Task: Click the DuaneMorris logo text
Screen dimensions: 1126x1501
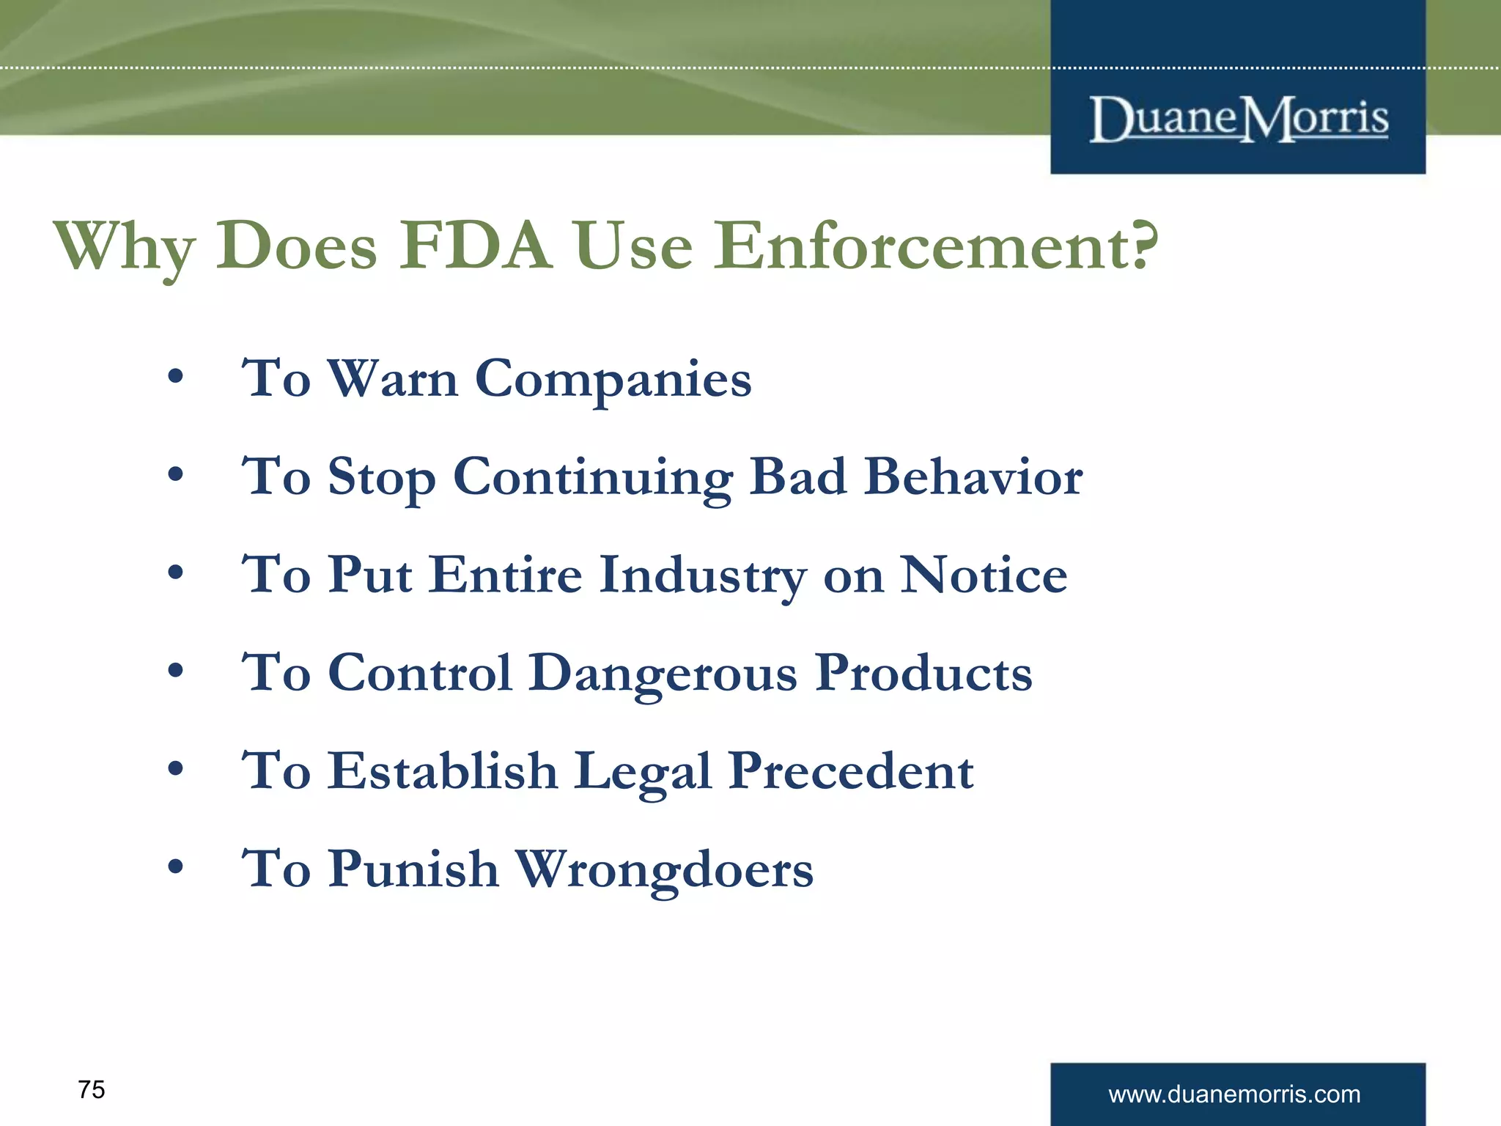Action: pos(1239,119)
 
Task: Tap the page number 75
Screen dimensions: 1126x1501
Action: pos(92,1089)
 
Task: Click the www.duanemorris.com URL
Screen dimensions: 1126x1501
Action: pos(1234,1094)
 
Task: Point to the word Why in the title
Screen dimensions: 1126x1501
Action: pos(125,248)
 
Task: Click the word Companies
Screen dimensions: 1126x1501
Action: pos(613,380)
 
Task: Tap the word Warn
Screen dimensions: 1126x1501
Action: pos(393,379)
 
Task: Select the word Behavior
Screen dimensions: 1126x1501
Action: pos(973,477)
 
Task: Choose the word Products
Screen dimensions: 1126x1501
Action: pos(923,673)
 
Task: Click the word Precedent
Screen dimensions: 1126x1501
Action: pos(851,771)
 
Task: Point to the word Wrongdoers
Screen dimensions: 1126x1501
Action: pos(664,869)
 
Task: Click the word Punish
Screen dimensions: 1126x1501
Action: pos(413,869)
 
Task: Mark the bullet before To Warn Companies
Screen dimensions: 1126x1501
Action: pos(175,378)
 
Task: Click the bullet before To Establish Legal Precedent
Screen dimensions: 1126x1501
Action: pos(175,770)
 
